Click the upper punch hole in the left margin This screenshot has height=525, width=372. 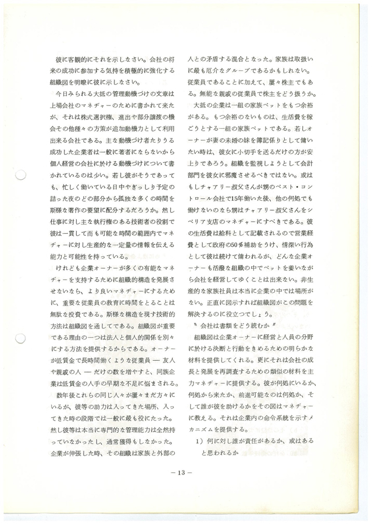19,175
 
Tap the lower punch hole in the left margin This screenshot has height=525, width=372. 19,339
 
